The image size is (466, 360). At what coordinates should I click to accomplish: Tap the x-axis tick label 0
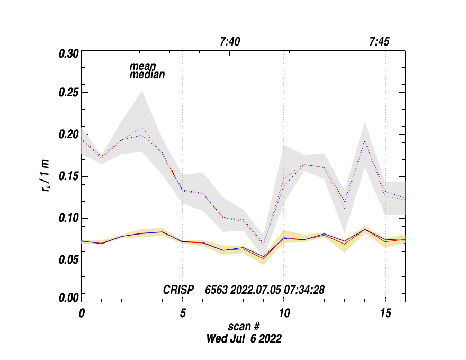[x=82, y=313]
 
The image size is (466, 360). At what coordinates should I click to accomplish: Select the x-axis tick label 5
[x=183, y=313]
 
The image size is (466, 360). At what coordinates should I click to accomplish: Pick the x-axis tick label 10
[x=283, y=313]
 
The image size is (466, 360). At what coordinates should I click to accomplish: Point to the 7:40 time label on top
[x=230, y=42]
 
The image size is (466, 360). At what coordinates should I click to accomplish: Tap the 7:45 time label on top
[x=379, y=42]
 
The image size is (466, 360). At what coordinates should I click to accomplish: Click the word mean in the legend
[x=142, y=67]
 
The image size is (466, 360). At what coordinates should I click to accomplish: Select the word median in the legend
[x=147, y=75]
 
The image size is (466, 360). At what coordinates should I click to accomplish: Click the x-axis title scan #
[x=244, y=326]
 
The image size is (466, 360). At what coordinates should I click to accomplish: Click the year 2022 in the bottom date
[x=269, y=338]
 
